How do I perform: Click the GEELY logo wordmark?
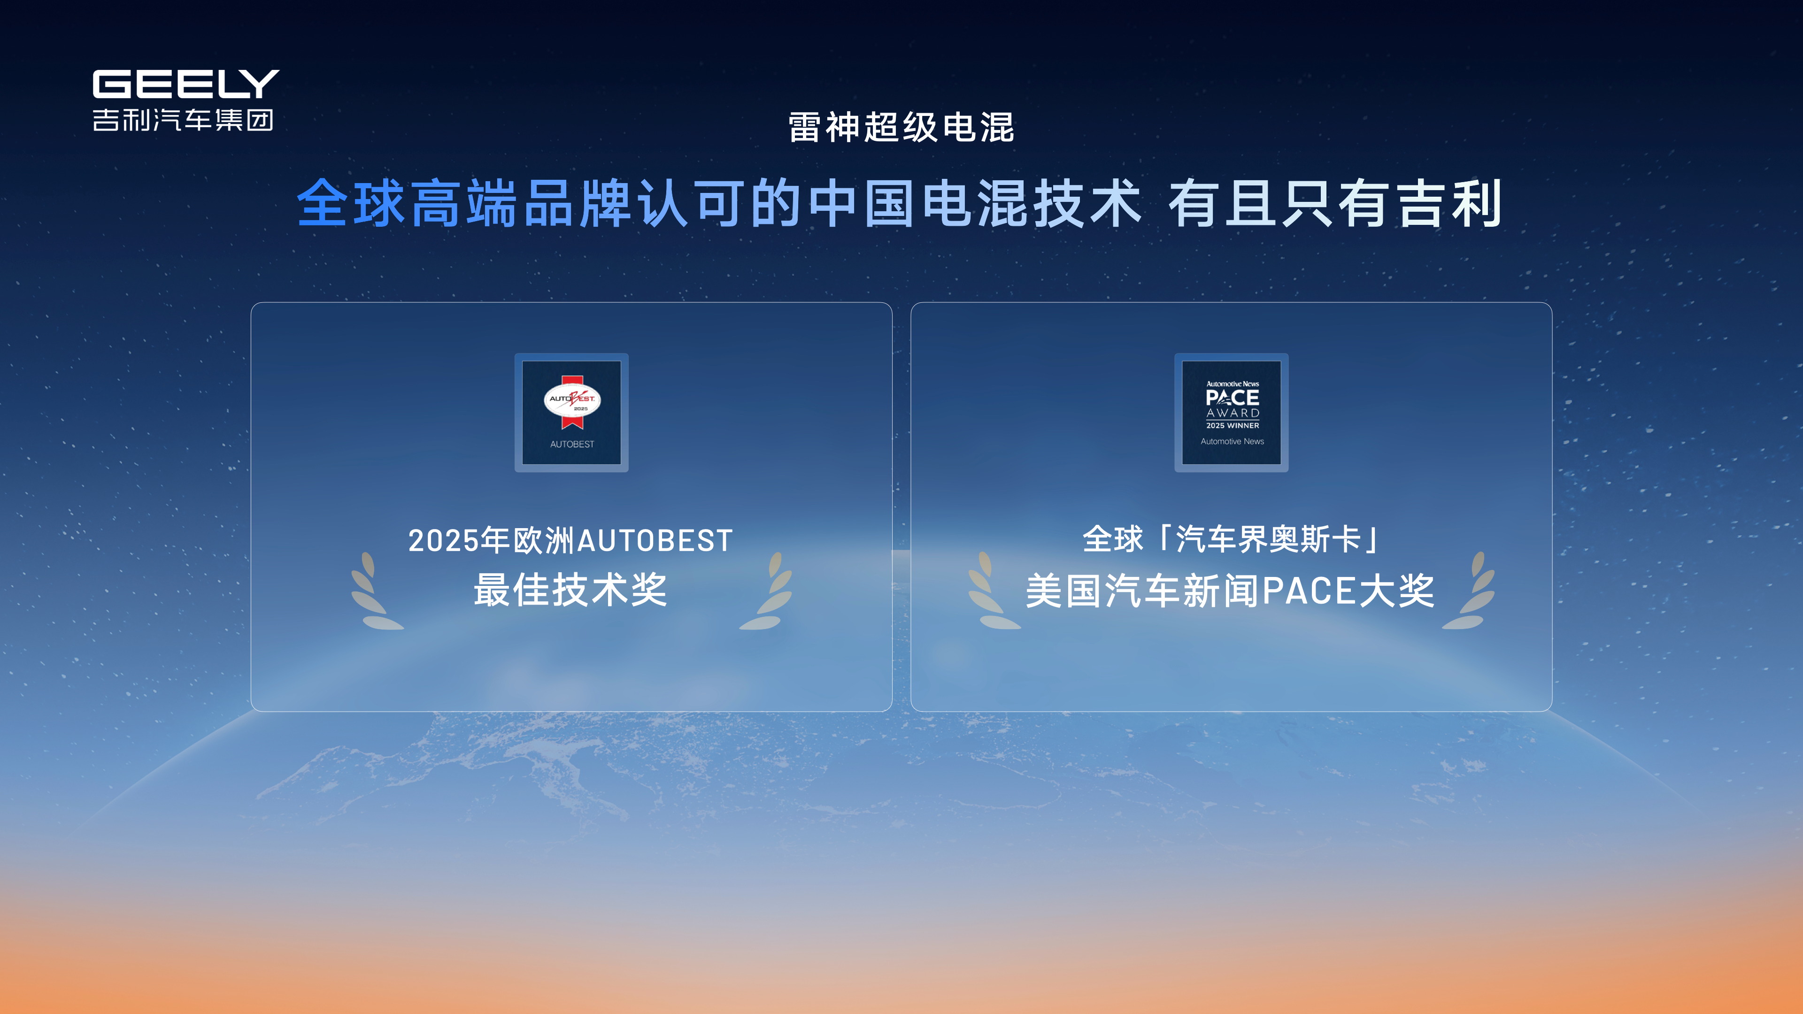click(x=185, y=84)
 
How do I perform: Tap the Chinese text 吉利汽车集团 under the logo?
click(x=183, y=120)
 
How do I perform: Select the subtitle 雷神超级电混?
click(x=901, y=127)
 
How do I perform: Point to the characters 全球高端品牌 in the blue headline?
click(x=465, y=204)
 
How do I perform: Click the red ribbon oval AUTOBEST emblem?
click(x=572, y=401)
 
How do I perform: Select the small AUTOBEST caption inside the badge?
click(x=572, y=445)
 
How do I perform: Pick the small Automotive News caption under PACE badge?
click(x=1232, y=442)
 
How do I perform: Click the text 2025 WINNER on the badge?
click(x=1233, y=425)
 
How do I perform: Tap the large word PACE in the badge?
click(x=1233, y=398)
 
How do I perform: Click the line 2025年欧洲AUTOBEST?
click(x=570, y=541)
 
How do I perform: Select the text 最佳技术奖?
click(x=570, y=590)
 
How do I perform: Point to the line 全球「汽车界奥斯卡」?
click(x=1231, y=539)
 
